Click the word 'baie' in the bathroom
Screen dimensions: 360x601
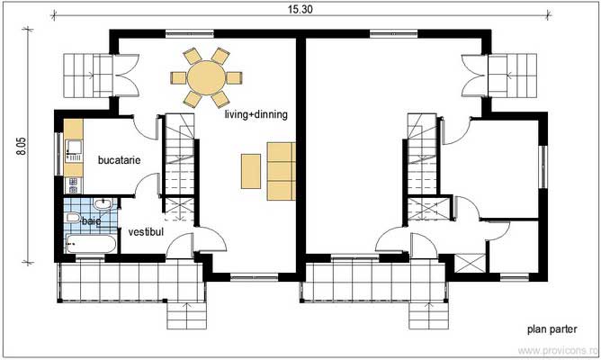click(x=91, y=220)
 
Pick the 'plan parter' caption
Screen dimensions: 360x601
click(x=551, y=329)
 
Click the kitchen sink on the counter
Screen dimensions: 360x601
click(x=71, y=148)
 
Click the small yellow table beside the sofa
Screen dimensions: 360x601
click(x=250, y=170)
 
